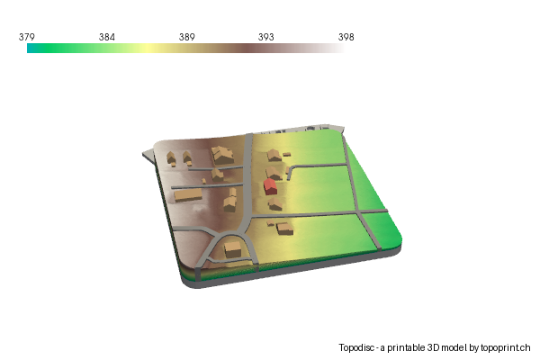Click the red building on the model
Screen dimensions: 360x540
click(x=269, y=186)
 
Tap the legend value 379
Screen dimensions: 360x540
click(x=27, y=37)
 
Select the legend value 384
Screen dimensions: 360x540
click(x=107, y=37)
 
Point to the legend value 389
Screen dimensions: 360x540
click(x=187, y=37)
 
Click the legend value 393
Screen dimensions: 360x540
click(x=267, y=37)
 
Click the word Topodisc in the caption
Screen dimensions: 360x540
click(x=357, y=347)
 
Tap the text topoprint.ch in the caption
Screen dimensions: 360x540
click(x=506, y=347)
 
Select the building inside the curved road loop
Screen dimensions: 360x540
click(x=233, y=247)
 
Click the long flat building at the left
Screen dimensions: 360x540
click(x=187, y=193)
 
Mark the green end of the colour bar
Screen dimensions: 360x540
click(x=32, y=49)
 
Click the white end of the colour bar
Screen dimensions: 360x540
click(x=339, y=49)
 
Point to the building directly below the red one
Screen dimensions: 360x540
click(x=275, y=204)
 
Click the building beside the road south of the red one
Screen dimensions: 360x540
click(x=285, y=228)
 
